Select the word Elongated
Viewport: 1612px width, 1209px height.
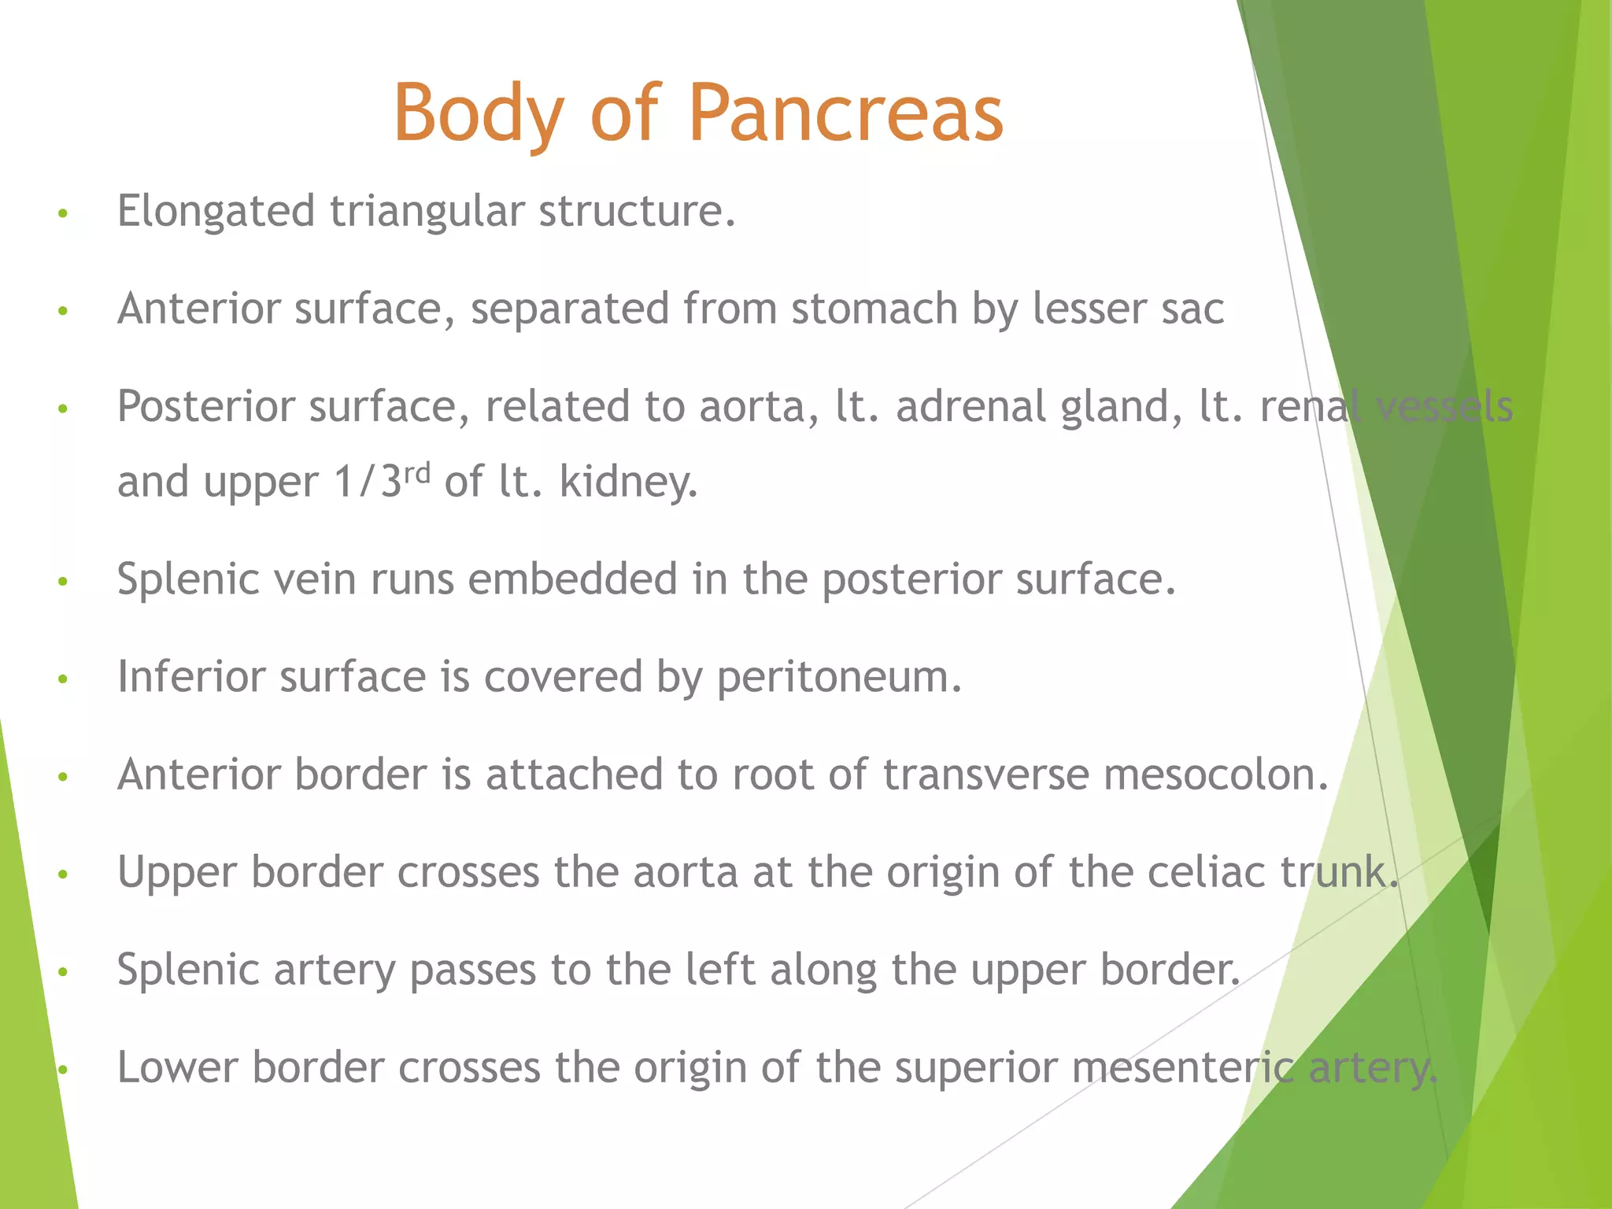[x=216, y=212]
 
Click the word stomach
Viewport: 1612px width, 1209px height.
[x=874, y=308]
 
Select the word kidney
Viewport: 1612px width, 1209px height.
[x=628, y=481]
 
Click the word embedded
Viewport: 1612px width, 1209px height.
[x=573, y=579]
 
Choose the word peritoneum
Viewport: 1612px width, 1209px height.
[x=838, y=677]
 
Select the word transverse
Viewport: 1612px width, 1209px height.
[x=985, y=775]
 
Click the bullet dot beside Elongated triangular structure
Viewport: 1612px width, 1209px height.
[x=64, y=213]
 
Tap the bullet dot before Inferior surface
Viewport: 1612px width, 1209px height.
[x=64, y=678]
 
